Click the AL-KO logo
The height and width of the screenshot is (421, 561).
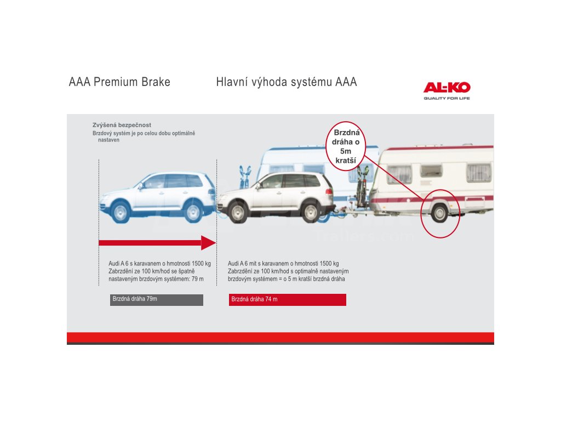(x=446, y=88)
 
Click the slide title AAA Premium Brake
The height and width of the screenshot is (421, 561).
(x=119, y=82)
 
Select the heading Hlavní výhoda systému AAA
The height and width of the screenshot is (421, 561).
(x=287, y=82)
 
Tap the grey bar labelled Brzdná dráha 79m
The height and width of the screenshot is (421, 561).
(x=157, y=300)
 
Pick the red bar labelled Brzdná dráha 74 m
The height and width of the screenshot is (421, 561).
(x=287, y=300)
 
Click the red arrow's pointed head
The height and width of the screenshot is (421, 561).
(x=209, y=243)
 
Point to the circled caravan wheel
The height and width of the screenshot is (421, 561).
(x=439, y=213)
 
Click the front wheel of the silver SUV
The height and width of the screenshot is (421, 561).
(x=237, y=212)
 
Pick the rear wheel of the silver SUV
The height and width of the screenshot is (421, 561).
(x=311, y=212)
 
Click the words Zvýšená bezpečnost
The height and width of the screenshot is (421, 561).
(x=122, y=125)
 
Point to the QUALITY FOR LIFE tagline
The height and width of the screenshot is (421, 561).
(x=446, y=99)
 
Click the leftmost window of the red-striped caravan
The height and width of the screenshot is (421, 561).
(x=399, y=174)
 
